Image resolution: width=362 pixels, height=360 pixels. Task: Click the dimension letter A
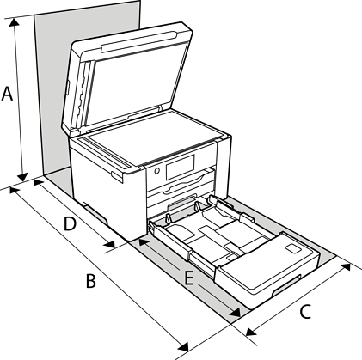tap(7, 94)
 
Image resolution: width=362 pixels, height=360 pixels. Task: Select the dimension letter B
tap(91, 281)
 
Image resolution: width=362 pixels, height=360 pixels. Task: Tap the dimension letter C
tap(305, 312)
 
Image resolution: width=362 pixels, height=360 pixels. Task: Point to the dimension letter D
tap(70, 223)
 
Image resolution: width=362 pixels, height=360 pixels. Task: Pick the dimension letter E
tap(188, 278)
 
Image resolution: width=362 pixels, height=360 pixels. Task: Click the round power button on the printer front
tap(156, 171)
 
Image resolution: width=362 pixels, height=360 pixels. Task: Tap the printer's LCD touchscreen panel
tap(180, 167)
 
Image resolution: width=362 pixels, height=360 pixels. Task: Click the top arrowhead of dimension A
tap(14, 23)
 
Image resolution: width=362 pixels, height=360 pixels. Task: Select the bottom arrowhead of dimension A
tap(22, 177)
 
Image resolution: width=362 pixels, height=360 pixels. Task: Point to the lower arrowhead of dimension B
tap(183, 346)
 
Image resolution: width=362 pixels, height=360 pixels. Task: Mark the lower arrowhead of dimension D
tap(109, 244)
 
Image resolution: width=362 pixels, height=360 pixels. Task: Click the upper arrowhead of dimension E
tap(144, 242)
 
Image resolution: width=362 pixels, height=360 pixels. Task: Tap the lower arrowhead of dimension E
tap(235, 312)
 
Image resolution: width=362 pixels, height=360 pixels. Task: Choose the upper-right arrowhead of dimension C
tap(345, 267)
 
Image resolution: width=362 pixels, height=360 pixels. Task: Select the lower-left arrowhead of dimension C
tap(251, 332)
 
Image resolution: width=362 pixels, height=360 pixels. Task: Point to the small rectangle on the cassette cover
tap(293, 248)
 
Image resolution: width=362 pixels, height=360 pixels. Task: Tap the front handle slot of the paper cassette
tap(286, 285)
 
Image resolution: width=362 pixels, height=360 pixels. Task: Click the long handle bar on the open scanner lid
tap(138, 42)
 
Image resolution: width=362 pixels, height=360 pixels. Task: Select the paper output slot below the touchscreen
tap(181, 182)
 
